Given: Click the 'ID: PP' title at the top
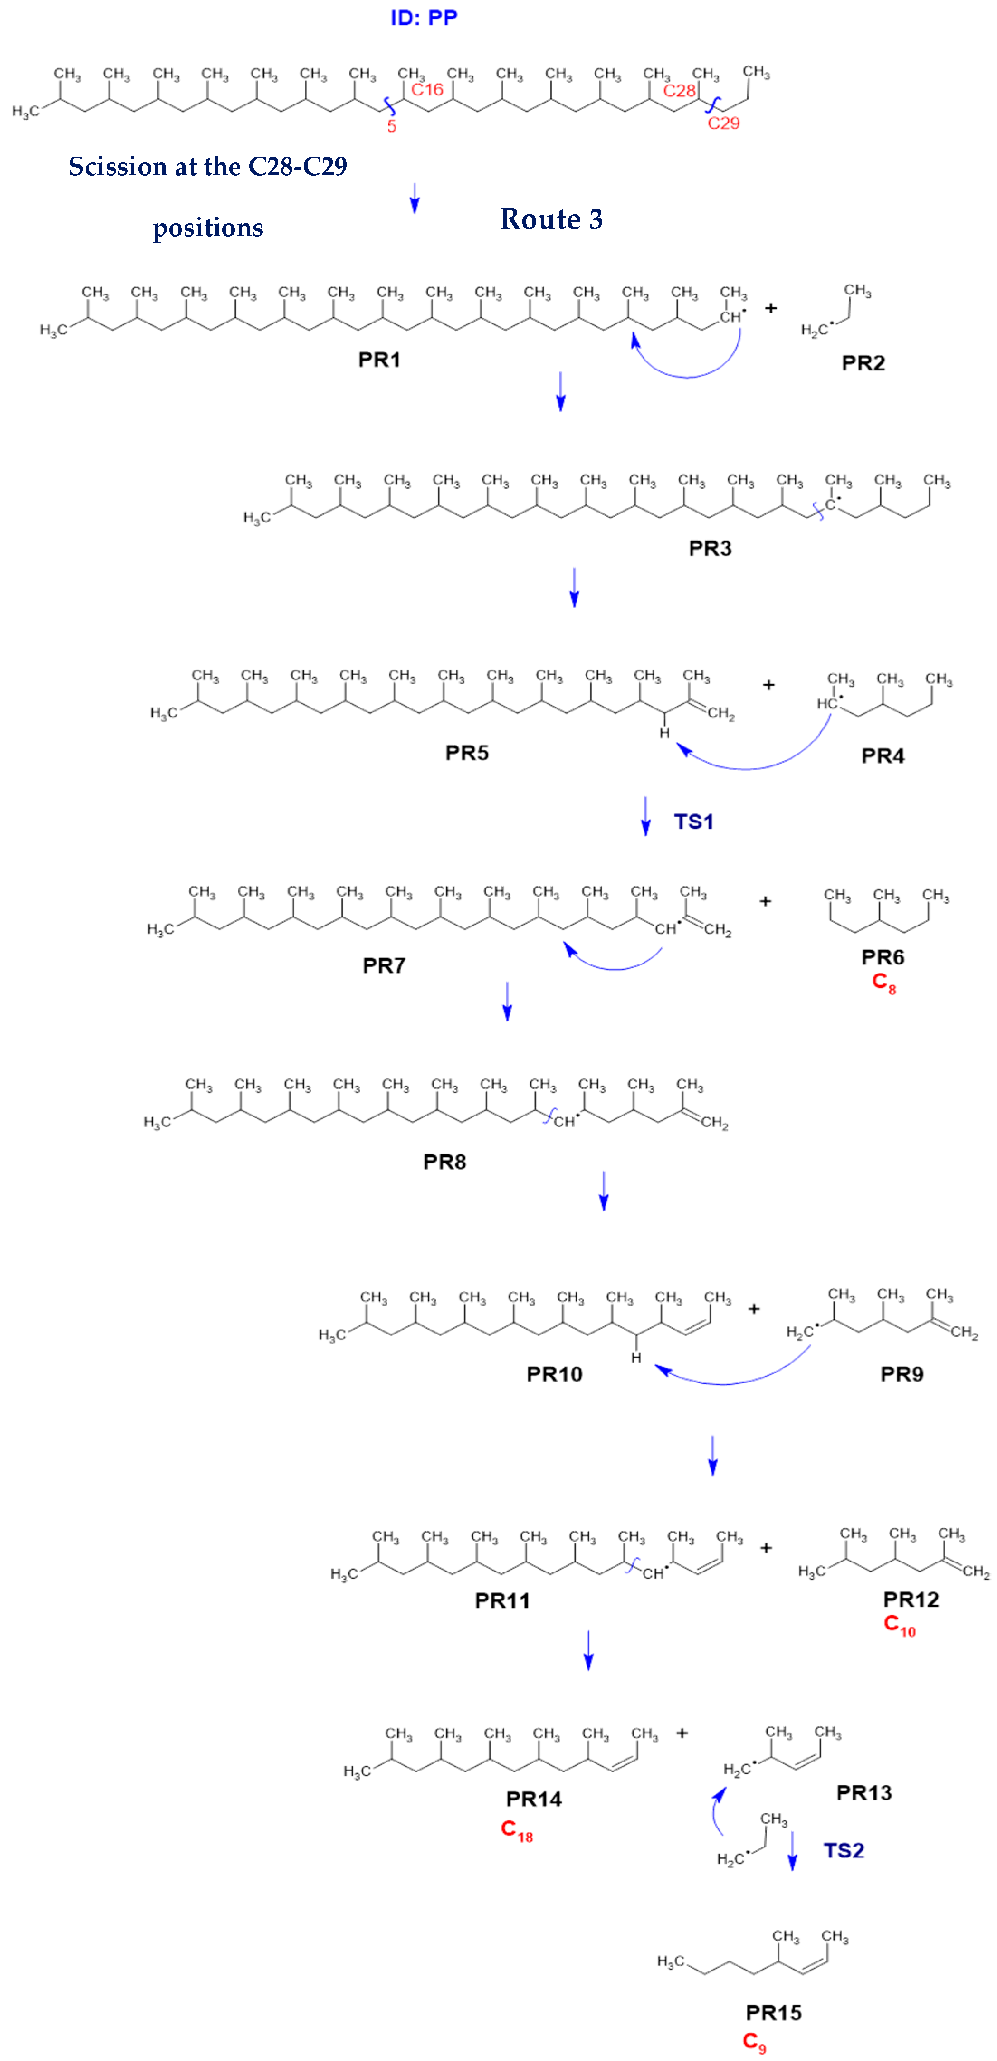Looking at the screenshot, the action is click(424, 18).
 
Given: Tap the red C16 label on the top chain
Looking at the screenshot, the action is click(427, 90).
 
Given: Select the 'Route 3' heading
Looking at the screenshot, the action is click(551, 219).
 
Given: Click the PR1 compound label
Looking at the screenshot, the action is click(379, 360).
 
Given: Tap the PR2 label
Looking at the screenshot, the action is click(863, 364).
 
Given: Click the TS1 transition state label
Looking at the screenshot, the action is click(694, 822).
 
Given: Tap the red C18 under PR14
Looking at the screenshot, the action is click(517, 1831).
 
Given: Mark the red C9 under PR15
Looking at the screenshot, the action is click(754, 2042).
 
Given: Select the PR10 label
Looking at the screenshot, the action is click(554, 1375).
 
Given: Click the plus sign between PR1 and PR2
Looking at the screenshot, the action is click(771, 308).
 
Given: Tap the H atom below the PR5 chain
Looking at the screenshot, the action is click(664, 733).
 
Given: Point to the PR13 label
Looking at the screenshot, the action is click(864, 1793).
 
